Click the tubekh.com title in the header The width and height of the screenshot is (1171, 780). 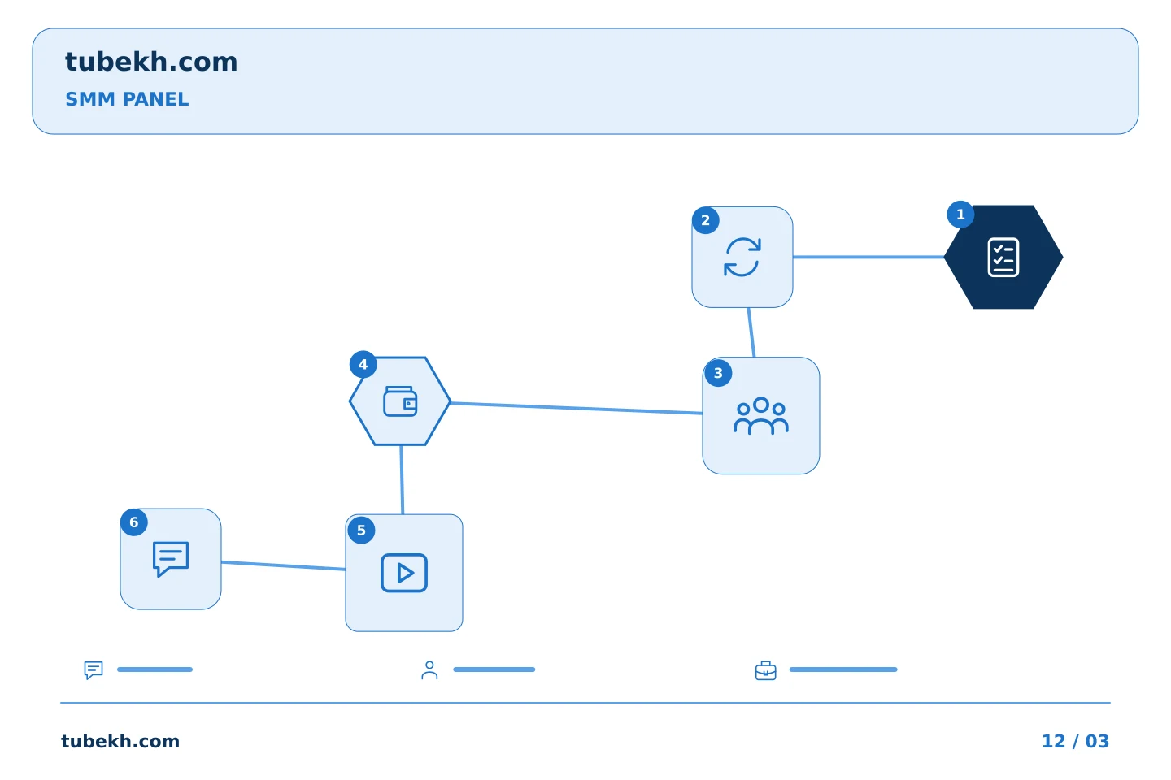[x=151, y=62]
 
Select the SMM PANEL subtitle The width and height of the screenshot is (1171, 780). [x=127, y=99]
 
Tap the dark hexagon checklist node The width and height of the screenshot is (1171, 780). [x=1003, y=257]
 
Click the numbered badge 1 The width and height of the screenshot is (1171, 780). [x=960, y=214]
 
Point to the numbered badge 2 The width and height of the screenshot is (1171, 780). [x=706, y=220]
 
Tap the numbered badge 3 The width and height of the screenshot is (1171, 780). [x=718, y=373]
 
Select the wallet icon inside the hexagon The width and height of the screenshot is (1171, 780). [x=400, y=401]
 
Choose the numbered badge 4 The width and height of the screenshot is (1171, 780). [x=363, y=364]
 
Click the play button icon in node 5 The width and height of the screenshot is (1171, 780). [x=404, y=573]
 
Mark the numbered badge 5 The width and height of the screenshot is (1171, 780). [x=361, y=531]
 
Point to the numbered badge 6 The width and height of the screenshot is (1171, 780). [x=134, y=522]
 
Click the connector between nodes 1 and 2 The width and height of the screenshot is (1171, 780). [x=868, y=257]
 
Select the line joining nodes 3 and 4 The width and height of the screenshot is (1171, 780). [x=577, y=408]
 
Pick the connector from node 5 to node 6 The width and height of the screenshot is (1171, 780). [x=283, y=565]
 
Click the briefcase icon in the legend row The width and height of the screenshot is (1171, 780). [x=766, y=670]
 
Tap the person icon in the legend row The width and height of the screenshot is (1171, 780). [x=429, y=670]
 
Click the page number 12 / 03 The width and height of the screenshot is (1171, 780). [x=1075, y=741]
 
